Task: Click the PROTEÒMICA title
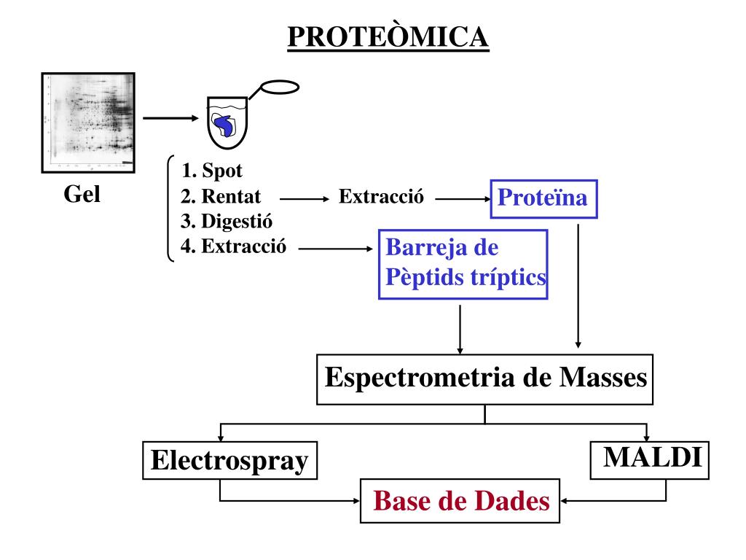click(x=388, y=38)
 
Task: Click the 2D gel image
click(x=88, y=122)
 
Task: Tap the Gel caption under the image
click(x=82, y=195)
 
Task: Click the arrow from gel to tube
click(x=170, y=118)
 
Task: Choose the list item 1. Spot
click(x=212, y=171)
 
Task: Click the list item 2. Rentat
click(x=221, y=197)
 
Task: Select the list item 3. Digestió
click(x=227, y=221)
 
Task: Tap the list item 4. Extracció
click(x=233, y=246)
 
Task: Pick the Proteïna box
click(x=543, y=198)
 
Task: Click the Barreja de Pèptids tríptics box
click(x=463, y=265)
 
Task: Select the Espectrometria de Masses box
click(x=485, y=378)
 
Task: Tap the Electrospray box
click(x=229, y=461)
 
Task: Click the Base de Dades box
click(x=460, y=501)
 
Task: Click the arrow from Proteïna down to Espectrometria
click(x=578, y=284)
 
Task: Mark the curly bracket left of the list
click(x=170, y=208)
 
